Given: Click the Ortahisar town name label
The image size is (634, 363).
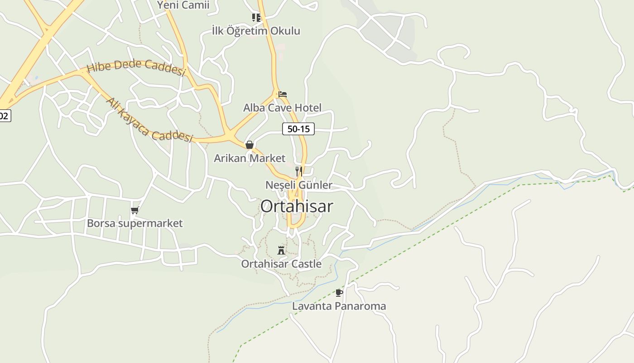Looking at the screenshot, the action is (x=297, y=206).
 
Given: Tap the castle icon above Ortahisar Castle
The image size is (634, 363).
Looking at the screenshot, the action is (x=281, y=250).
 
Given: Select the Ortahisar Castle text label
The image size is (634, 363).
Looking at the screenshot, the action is (x=281, y=264).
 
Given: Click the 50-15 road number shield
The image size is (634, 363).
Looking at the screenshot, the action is (x=298, y=129).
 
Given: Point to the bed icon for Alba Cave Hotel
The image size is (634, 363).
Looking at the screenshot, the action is (x=283, y=94).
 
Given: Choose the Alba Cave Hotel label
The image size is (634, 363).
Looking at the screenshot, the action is (x=282, y=108).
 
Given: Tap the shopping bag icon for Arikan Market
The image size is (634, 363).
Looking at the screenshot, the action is (x=249, y=145).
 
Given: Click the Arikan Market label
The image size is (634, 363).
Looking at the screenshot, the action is (x=250, y=158).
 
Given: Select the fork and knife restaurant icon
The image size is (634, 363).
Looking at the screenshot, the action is (x=298, y=171).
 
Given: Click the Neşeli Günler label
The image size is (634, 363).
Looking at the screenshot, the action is (x=298, y=185).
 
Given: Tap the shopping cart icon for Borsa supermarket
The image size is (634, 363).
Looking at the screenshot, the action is (x=134, y=210).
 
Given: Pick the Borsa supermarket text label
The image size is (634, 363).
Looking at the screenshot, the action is (x=134, y=223).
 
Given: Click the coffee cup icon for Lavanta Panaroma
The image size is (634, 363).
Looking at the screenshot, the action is (x=339, y=293).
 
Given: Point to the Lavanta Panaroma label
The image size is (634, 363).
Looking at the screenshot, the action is (x=339, y=306).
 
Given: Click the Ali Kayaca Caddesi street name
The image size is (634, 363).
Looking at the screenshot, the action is (x=149, y=120).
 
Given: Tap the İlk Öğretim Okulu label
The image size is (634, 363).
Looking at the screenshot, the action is (x=256, y=31).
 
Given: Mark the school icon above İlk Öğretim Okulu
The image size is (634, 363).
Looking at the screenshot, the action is (x=256, y=18).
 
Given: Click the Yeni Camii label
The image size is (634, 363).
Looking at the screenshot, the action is (x=183, y=5).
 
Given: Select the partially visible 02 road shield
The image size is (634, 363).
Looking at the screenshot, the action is (x=4, y=116).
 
